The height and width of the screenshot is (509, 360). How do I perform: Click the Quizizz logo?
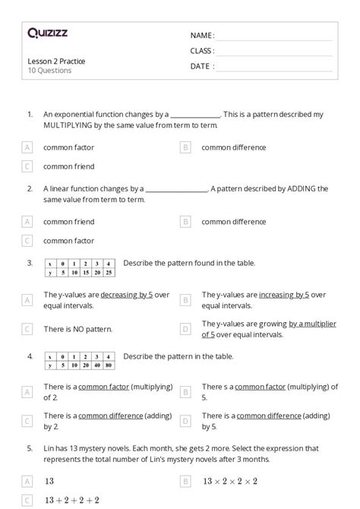46,33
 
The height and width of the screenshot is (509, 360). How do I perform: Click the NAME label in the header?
202,35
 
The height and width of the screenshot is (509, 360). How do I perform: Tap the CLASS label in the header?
202,50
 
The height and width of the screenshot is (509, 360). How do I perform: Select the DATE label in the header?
202,66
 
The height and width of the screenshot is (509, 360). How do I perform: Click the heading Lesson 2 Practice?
56,61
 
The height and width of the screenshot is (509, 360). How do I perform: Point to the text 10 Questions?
49,71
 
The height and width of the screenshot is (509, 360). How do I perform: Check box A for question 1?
27,147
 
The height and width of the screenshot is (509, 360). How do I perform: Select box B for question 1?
185,147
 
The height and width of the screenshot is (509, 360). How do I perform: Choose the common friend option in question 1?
69,166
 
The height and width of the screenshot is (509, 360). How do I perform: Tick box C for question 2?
27,240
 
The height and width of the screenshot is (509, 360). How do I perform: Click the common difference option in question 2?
234,222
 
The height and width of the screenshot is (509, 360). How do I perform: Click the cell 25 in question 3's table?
109,272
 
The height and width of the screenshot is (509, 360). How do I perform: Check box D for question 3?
185,329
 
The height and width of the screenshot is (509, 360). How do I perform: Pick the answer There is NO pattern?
77,329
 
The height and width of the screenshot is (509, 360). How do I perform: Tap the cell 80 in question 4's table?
109,365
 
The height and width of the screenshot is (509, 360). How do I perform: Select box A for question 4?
27,391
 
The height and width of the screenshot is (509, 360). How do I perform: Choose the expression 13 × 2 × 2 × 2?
230,481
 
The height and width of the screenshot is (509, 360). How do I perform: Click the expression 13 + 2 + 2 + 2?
71,500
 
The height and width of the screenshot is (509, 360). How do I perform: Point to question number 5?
30,449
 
